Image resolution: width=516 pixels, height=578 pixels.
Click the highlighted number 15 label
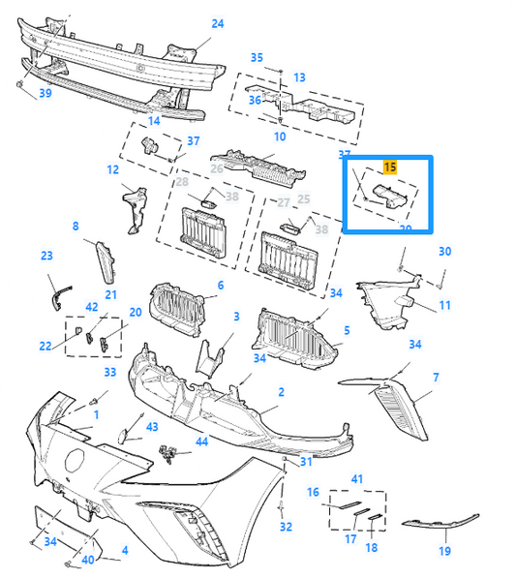click(x=389, y=167)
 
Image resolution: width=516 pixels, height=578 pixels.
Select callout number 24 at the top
click(x=217, y=23)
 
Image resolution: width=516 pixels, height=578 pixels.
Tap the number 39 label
click(x=45, y=93)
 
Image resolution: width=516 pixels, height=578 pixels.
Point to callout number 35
click(x=257, y=58)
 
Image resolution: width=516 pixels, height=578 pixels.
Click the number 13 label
click(x=299, y=77)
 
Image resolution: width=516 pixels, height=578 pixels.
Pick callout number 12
click(x=113, y=169)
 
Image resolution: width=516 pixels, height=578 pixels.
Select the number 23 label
click(x=46, y=256)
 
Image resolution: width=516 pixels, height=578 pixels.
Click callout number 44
click(x=201, y=441)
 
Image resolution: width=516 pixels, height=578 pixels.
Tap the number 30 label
click(x=444, y=252)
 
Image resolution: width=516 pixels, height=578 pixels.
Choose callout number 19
click(x=444, y=551)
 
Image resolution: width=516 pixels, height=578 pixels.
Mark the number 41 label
click(x=356, y=479)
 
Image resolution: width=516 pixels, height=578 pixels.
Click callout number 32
click(x=286, y=527)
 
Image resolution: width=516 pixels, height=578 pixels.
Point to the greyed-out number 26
click(x=217, y=168)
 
